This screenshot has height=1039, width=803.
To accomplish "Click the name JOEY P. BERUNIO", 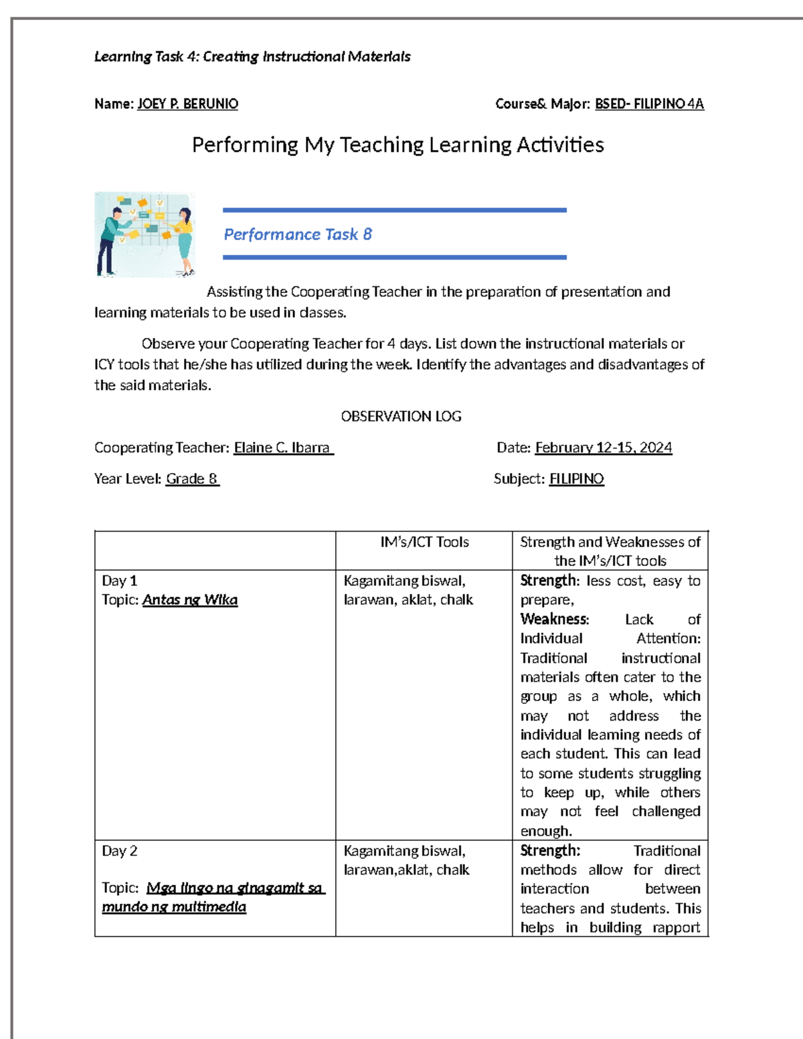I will pos(187,104).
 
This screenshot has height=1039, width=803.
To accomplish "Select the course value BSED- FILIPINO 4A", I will pos(649,104).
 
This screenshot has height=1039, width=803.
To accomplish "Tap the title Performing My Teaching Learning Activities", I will pos(397,145).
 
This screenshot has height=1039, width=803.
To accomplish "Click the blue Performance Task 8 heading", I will pos(297,234).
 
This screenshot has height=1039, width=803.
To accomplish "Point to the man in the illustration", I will pos(110,241).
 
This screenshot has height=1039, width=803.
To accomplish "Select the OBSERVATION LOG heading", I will pos(401,416).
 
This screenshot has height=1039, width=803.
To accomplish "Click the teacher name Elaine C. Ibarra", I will pos(282,448).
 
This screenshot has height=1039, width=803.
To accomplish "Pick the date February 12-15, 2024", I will pos(603,448).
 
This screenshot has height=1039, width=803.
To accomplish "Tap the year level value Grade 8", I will pos(192,479).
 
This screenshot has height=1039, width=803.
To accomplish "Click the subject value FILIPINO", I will pos(576,479).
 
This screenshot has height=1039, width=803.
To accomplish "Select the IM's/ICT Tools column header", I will pos(424,543).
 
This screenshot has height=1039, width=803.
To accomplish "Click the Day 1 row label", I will pos(119,581).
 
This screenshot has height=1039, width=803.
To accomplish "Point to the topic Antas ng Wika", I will pos(190,600).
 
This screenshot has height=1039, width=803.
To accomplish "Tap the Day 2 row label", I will pos(119,851).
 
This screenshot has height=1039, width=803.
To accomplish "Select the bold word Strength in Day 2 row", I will pos(549,851).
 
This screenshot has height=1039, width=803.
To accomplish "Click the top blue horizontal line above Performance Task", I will pos(394,210).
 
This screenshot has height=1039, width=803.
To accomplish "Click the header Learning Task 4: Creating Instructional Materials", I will pos(252,57).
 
